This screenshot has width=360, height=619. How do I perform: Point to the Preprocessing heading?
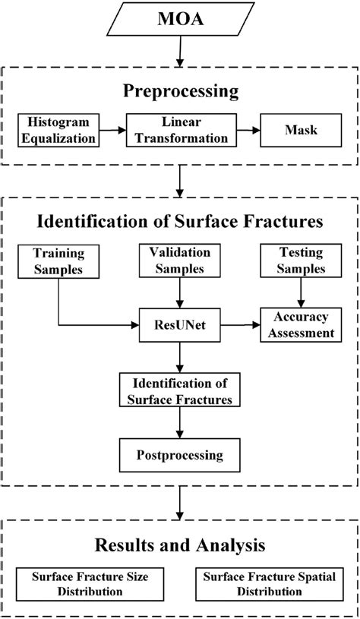click(x=179, y=92)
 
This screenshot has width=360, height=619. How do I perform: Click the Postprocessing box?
click(x=179, y=455)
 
